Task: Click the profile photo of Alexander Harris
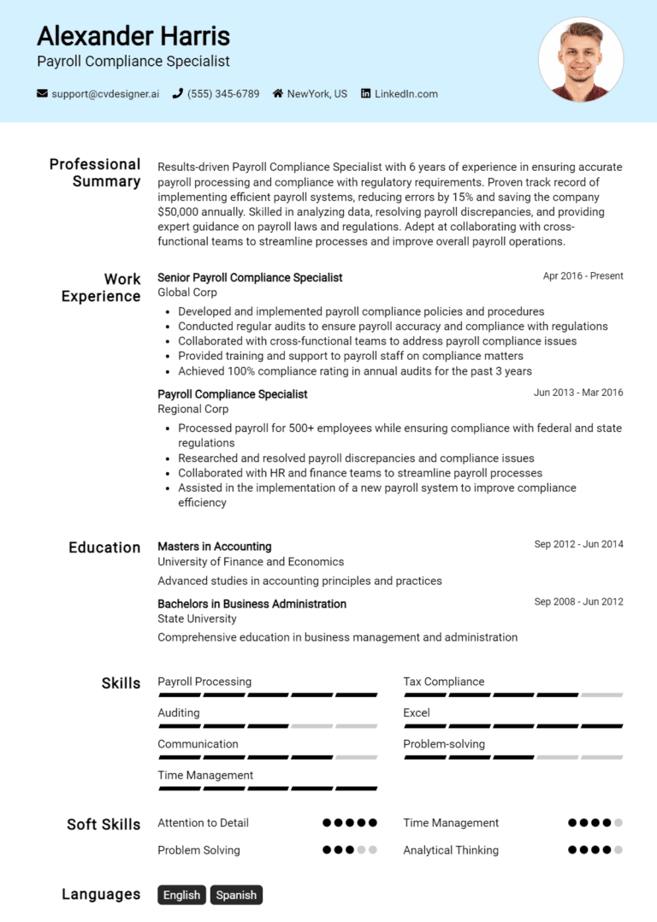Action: coord(581,60)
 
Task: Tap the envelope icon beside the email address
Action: coord(42,94)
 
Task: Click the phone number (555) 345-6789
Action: coord(222,94)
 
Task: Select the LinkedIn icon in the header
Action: coord(366,94)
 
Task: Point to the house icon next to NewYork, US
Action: coord(278,94)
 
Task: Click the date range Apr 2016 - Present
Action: coord(583,276)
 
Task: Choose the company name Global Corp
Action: coord(186,293)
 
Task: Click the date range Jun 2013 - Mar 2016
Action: coord(578,393)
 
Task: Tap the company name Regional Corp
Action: coord(192,409)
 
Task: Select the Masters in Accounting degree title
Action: coord(214,547)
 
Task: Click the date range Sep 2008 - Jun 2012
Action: coord(578,601)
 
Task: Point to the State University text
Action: coord(197,618)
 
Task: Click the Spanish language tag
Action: coord(236,895)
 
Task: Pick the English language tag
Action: coord(181,895)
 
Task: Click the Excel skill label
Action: coord(417,712)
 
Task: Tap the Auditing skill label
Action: coord(179,712)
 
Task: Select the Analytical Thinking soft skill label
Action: coord(451,850)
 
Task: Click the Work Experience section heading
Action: coord(101,287)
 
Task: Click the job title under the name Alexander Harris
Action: coord(133,62)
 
